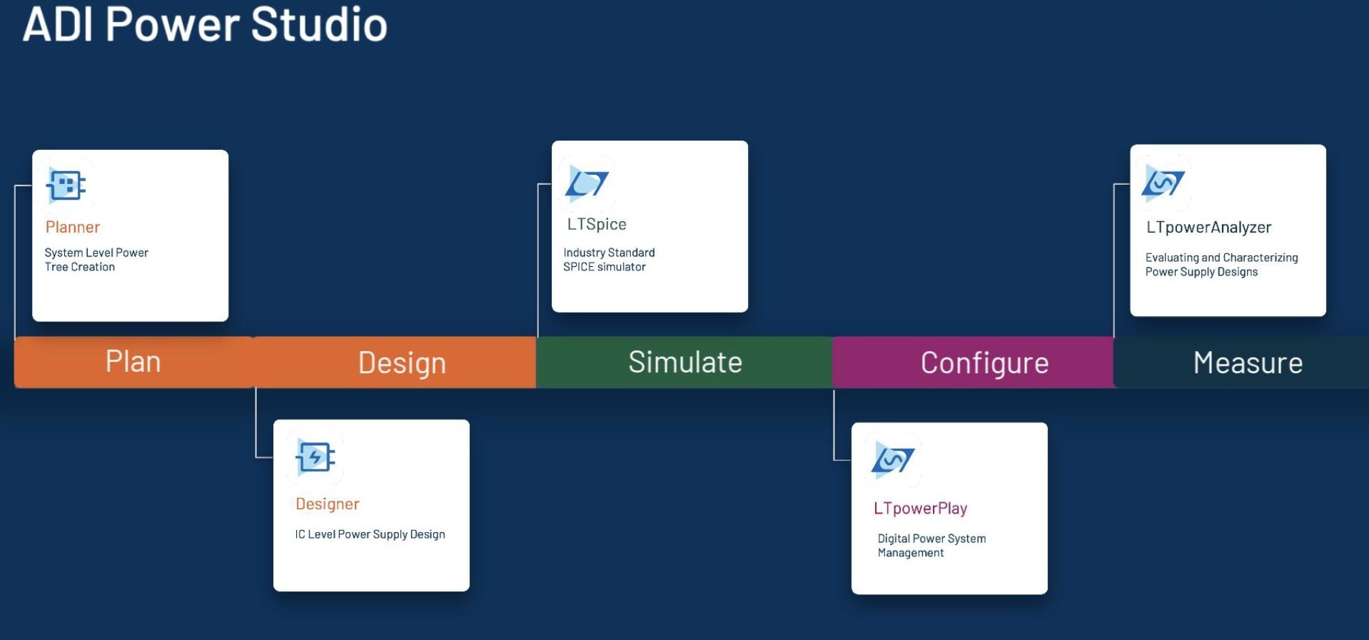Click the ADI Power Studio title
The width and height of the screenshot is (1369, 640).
(x=205, y=24)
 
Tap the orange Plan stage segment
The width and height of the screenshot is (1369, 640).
(x=134, y=362)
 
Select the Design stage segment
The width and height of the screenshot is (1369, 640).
(x=395, y=362)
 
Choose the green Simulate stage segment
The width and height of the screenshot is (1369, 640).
(x=684, y=362)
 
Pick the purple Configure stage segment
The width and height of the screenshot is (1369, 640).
(x=974, y=362)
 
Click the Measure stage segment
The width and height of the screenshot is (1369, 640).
(x=1242, y=362)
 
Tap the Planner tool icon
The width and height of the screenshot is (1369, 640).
(x=66, y=186)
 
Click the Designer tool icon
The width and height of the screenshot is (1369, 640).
(x=315, y=457)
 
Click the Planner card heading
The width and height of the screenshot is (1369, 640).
(x=73, y=227)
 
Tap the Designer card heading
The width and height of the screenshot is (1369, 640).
(x=328, y=504)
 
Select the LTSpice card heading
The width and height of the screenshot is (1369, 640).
(x=597, y=224)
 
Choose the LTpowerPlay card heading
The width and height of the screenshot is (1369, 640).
(x=921, y=509)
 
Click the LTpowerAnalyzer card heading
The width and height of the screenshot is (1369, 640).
(x=1209, y=228)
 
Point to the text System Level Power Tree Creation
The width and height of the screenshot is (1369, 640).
(x=96, y=260)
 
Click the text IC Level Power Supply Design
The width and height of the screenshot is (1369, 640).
(x=370, y=534)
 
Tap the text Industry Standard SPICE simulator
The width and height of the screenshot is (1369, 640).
(x=609, y=260)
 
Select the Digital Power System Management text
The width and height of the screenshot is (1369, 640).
(x=931, y=546)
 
